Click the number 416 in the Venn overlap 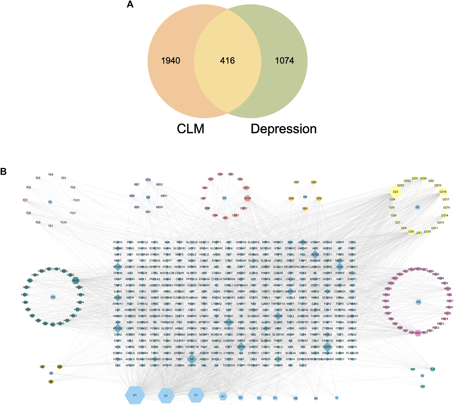[x=227, y=61]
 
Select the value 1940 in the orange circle [x=171, y=61]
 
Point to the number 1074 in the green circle [x=284, y=61]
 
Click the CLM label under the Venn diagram [x=190, y=129]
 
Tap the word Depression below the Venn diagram [x=283, y=129]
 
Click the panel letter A [x=130, y=4]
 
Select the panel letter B [x=4, y=172]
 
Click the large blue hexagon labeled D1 [x=135, y=395]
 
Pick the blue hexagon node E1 [x=166, y=396]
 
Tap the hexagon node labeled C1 [x=196, y=395]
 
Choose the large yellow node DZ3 [x=395, y=192]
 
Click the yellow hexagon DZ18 [x=443, y=192]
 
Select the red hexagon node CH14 [x=247, y=198]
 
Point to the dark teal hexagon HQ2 [x=76, y=280]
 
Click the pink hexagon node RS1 [x=418, y=333]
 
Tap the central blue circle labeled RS [x=418, y=302]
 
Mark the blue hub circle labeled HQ [x=53, y=297]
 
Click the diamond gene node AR [x=192, y=359]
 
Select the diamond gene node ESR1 [x=327, y=347]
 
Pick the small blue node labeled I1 [x=337, y=398]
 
